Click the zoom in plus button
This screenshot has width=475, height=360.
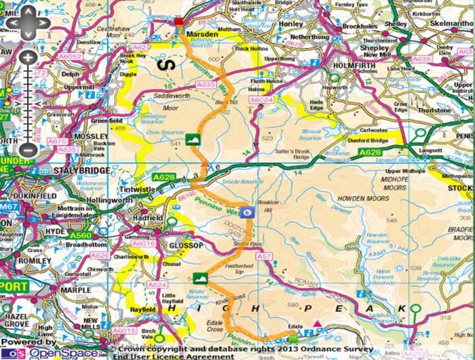click(26, 58)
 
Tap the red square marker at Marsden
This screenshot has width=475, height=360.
click(178, 22)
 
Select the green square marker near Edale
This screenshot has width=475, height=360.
click(292, 338)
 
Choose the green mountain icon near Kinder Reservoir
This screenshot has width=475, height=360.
click(199, 277)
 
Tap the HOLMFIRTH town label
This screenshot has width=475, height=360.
click(350, 64)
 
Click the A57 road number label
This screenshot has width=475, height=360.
click(264, 257)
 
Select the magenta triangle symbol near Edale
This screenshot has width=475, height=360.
click(318, 332)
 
